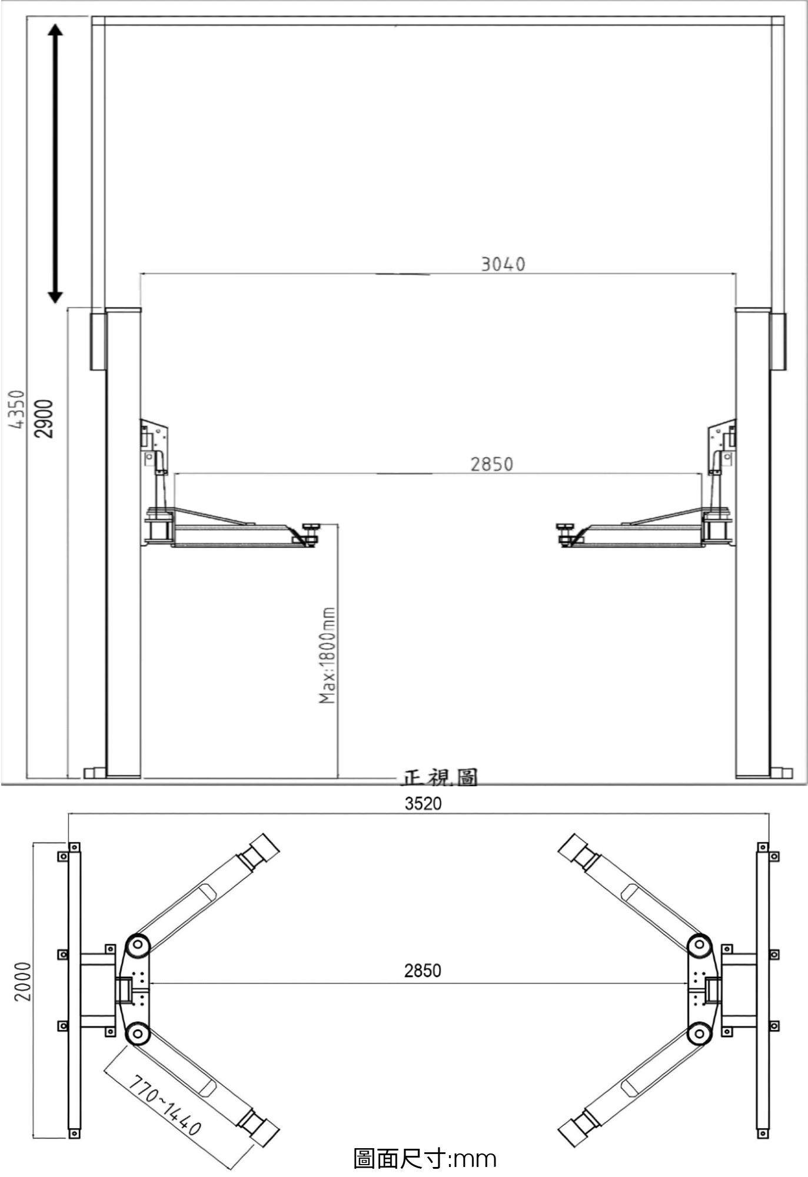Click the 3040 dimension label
point(503,264)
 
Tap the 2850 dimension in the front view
point(491,464)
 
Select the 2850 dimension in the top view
point(423,970)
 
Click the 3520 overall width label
point(423,803)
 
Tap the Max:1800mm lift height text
point(327,655)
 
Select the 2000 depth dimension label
point(22,981)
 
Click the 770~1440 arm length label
point(165,1106)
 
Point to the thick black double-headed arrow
point(55,164)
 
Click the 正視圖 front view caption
point(440,778)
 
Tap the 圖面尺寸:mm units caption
point(425,1158)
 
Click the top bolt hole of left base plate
point(74,847)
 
